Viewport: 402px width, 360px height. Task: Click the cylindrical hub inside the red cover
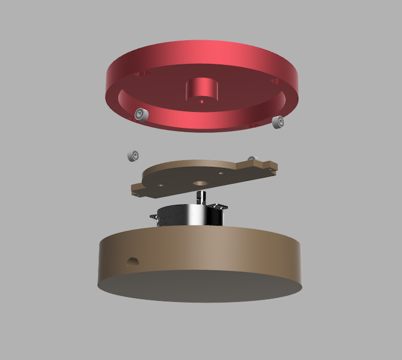(x=202, y=89)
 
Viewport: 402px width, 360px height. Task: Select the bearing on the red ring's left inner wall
(x=141, y=115)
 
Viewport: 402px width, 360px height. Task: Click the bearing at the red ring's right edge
(x=277, y=121)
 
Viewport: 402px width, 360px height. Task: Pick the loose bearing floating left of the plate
(x=133, y=155)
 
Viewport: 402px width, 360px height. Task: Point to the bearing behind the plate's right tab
(x=251, y=159)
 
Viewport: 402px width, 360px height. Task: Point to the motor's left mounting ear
(x=156, y=217)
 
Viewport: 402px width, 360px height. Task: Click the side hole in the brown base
(x=133, y=261)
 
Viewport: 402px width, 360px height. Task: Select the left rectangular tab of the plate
(x=140, y=188)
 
